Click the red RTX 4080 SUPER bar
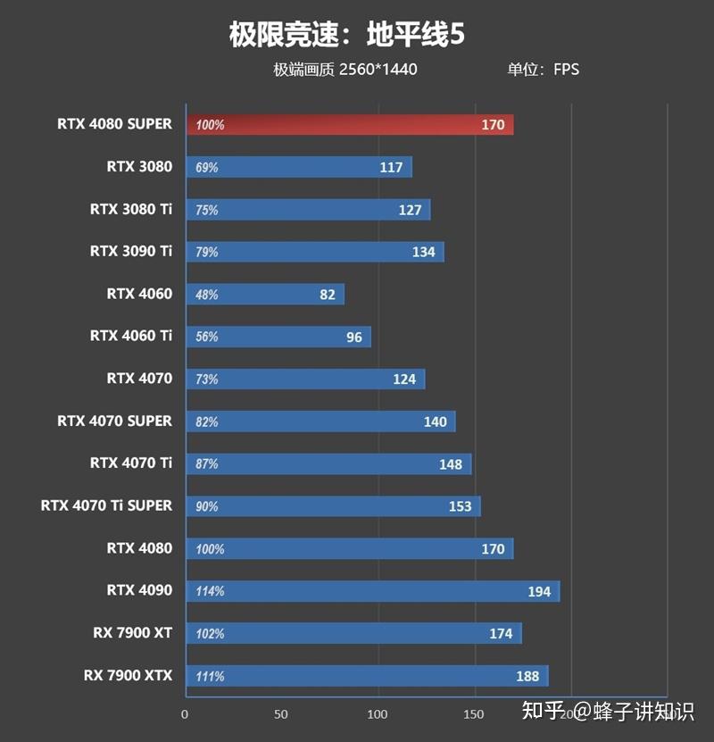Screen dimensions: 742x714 pos(349,125)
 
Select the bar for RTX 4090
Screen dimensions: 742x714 pos(372,591)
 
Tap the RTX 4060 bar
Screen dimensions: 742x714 pos(264,295)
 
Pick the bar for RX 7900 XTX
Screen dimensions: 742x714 pos(366,676)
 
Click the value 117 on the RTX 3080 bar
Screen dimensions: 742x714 pos(391,168)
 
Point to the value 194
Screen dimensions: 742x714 pos(538,592)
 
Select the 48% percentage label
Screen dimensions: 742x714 pos(207,295)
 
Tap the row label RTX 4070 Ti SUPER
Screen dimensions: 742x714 pos(106,505)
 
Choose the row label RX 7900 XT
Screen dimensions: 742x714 pos(132,633)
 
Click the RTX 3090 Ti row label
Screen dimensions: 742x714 pos(130,251)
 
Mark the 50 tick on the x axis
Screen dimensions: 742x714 pos(281,714)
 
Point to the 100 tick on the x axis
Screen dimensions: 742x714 pos(378,714)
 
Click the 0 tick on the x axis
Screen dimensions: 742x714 pos(185,714)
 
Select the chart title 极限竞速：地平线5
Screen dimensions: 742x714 pos(347,35)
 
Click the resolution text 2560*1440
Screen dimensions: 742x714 pos(378,70)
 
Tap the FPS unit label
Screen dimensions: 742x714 pos(566,70)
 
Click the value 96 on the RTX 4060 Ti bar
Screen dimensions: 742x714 pos(354,338)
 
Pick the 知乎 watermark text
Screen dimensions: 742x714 pos(543,711)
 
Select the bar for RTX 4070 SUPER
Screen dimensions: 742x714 pos(320,421)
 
